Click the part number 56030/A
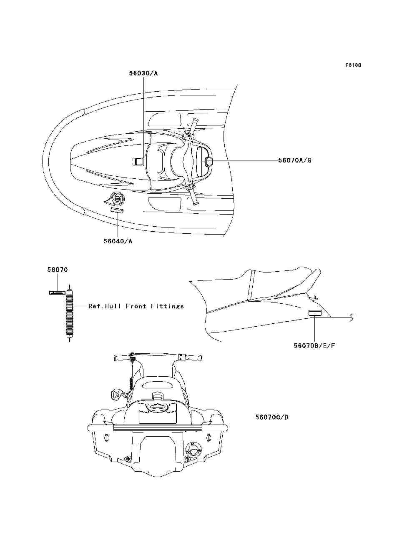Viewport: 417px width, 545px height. point(143,73)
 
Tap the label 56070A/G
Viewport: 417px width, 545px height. point(295,160)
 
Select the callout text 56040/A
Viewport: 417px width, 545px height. point(118,241)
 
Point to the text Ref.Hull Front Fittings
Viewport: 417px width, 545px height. point(136,306)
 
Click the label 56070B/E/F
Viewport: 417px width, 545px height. point(314,345)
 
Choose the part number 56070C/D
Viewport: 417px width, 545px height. point(272,417)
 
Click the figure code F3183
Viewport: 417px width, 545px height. point(353,65)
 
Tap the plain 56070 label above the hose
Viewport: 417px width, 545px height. point(57,270)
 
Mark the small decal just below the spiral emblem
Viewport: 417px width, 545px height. point(117,210)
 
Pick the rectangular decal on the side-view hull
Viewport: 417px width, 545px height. point(315,313)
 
